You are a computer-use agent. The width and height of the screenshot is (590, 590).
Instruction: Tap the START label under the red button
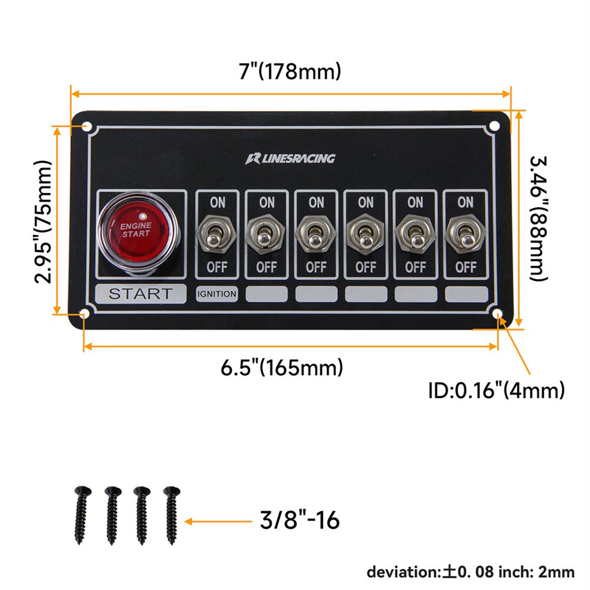coord(141,294)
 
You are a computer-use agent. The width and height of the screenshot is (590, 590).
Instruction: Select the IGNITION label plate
coord(217,294)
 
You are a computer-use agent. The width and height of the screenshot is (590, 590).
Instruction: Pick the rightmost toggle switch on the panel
coord(465,234)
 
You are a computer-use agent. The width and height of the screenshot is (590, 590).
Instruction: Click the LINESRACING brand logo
coord(291,159)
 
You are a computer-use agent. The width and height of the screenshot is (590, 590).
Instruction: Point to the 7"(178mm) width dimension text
coord(290,71)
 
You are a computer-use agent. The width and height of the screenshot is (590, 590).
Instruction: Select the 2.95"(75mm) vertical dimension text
coord(43,221)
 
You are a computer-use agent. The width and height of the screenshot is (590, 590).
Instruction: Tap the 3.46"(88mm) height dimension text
coord(538,218)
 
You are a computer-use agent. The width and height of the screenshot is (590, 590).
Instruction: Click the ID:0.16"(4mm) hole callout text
coord(496,390)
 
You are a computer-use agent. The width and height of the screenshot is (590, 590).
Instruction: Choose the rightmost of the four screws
coord(171,515)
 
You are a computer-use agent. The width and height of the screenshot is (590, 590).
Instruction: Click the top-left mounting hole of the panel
coord(87,127)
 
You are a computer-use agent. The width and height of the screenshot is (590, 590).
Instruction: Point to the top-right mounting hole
coord(494,126)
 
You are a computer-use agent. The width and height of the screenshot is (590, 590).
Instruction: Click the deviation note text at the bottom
coord(470,572)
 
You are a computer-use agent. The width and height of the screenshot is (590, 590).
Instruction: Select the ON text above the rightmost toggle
coord(465,202)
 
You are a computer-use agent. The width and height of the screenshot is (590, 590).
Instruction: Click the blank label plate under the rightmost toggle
coord(465,294)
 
